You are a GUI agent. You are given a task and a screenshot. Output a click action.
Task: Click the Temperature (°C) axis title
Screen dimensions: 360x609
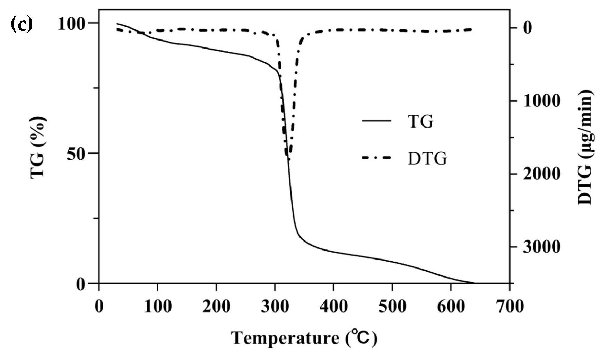pos(304,337)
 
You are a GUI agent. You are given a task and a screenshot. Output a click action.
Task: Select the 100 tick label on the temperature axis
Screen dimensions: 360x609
pos(158,306)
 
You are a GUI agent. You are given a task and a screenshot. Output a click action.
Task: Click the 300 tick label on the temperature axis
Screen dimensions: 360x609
pos(275,306)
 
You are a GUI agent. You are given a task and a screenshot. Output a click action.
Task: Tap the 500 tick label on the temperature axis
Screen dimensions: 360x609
pos(392,306)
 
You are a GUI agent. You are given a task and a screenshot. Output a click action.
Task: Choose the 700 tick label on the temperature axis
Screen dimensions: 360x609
pos(509,306)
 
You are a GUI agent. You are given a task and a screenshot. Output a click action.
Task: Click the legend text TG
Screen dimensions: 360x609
pos(420,122)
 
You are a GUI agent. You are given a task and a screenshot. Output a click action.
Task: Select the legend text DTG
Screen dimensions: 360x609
pos(427,159)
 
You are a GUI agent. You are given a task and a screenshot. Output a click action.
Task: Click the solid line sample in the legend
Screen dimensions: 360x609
pos(377,121)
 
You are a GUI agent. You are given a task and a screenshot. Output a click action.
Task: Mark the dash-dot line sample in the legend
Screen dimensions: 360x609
pos(377,158)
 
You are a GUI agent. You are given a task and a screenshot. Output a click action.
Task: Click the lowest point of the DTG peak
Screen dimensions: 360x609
pos(289,159)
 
